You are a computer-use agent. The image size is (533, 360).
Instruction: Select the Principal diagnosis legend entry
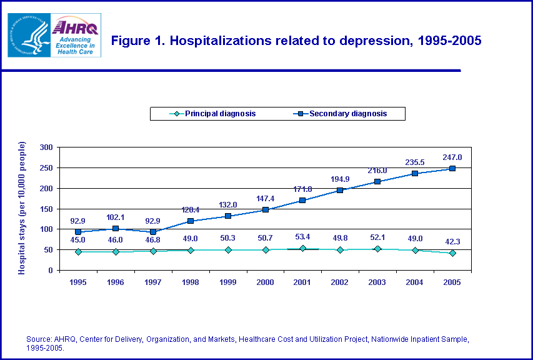tap(213, 114)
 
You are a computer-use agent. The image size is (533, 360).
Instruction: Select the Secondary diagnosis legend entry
tap(341, 114)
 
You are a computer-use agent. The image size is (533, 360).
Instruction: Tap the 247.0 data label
tap(452, 157)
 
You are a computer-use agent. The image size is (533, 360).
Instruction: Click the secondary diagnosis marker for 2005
tap(452, 169)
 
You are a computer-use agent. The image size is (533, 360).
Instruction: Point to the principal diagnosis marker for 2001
tap(302, 248)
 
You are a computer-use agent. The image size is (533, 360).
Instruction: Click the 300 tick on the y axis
tap(45, 147)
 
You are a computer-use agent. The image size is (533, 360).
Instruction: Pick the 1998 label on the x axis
tap(190, 282)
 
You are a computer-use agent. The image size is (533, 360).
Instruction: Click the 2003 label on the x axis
tap(377, 282)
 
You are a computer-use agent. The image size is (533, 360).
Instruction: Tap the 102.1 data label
tap(116, 217)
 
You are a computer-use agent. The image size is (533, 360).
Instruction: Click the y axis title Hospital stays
tap(22, 207)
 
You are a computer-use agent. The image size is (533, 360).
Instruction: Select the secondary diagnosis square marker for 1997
tap(152, 232)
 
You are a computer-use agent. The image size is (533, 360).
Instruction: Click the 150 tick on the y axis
tap(45, 209)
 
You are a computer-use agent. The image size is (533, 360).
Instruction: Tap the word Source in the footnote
tap(38, 339)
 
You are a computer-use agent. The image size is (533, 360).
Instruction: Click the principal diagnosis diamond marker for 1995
tap(77, 252)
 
